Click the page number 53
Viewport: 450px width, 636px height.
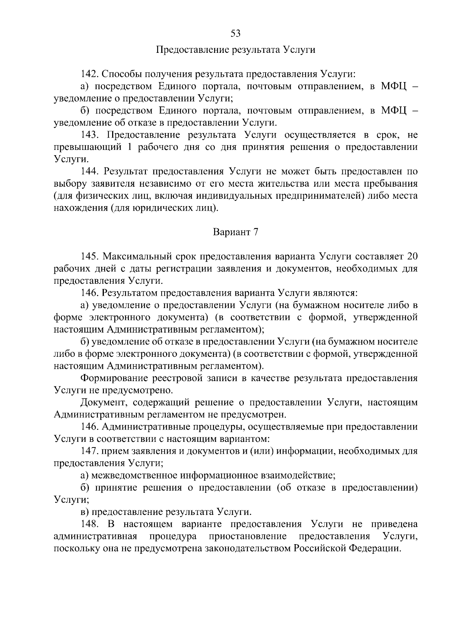(x=235, y=33)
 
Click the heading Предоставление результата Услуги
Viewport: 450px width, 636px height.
(x=235, y=50)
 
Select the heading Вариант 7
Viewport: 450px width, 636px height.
(x=235, y=232)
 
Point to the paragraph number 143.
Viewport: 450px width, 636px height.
(x=90, y=135)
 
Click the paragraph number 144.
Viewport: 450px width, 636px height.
(x=90, y=172)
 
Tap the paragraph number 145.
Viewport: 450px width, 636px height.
(x=89, y=257)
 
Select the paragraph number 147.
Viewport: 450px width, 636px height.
(x=89, y=451)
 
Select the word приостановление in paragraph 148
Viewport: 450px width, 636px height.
(x=248, y=536)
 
